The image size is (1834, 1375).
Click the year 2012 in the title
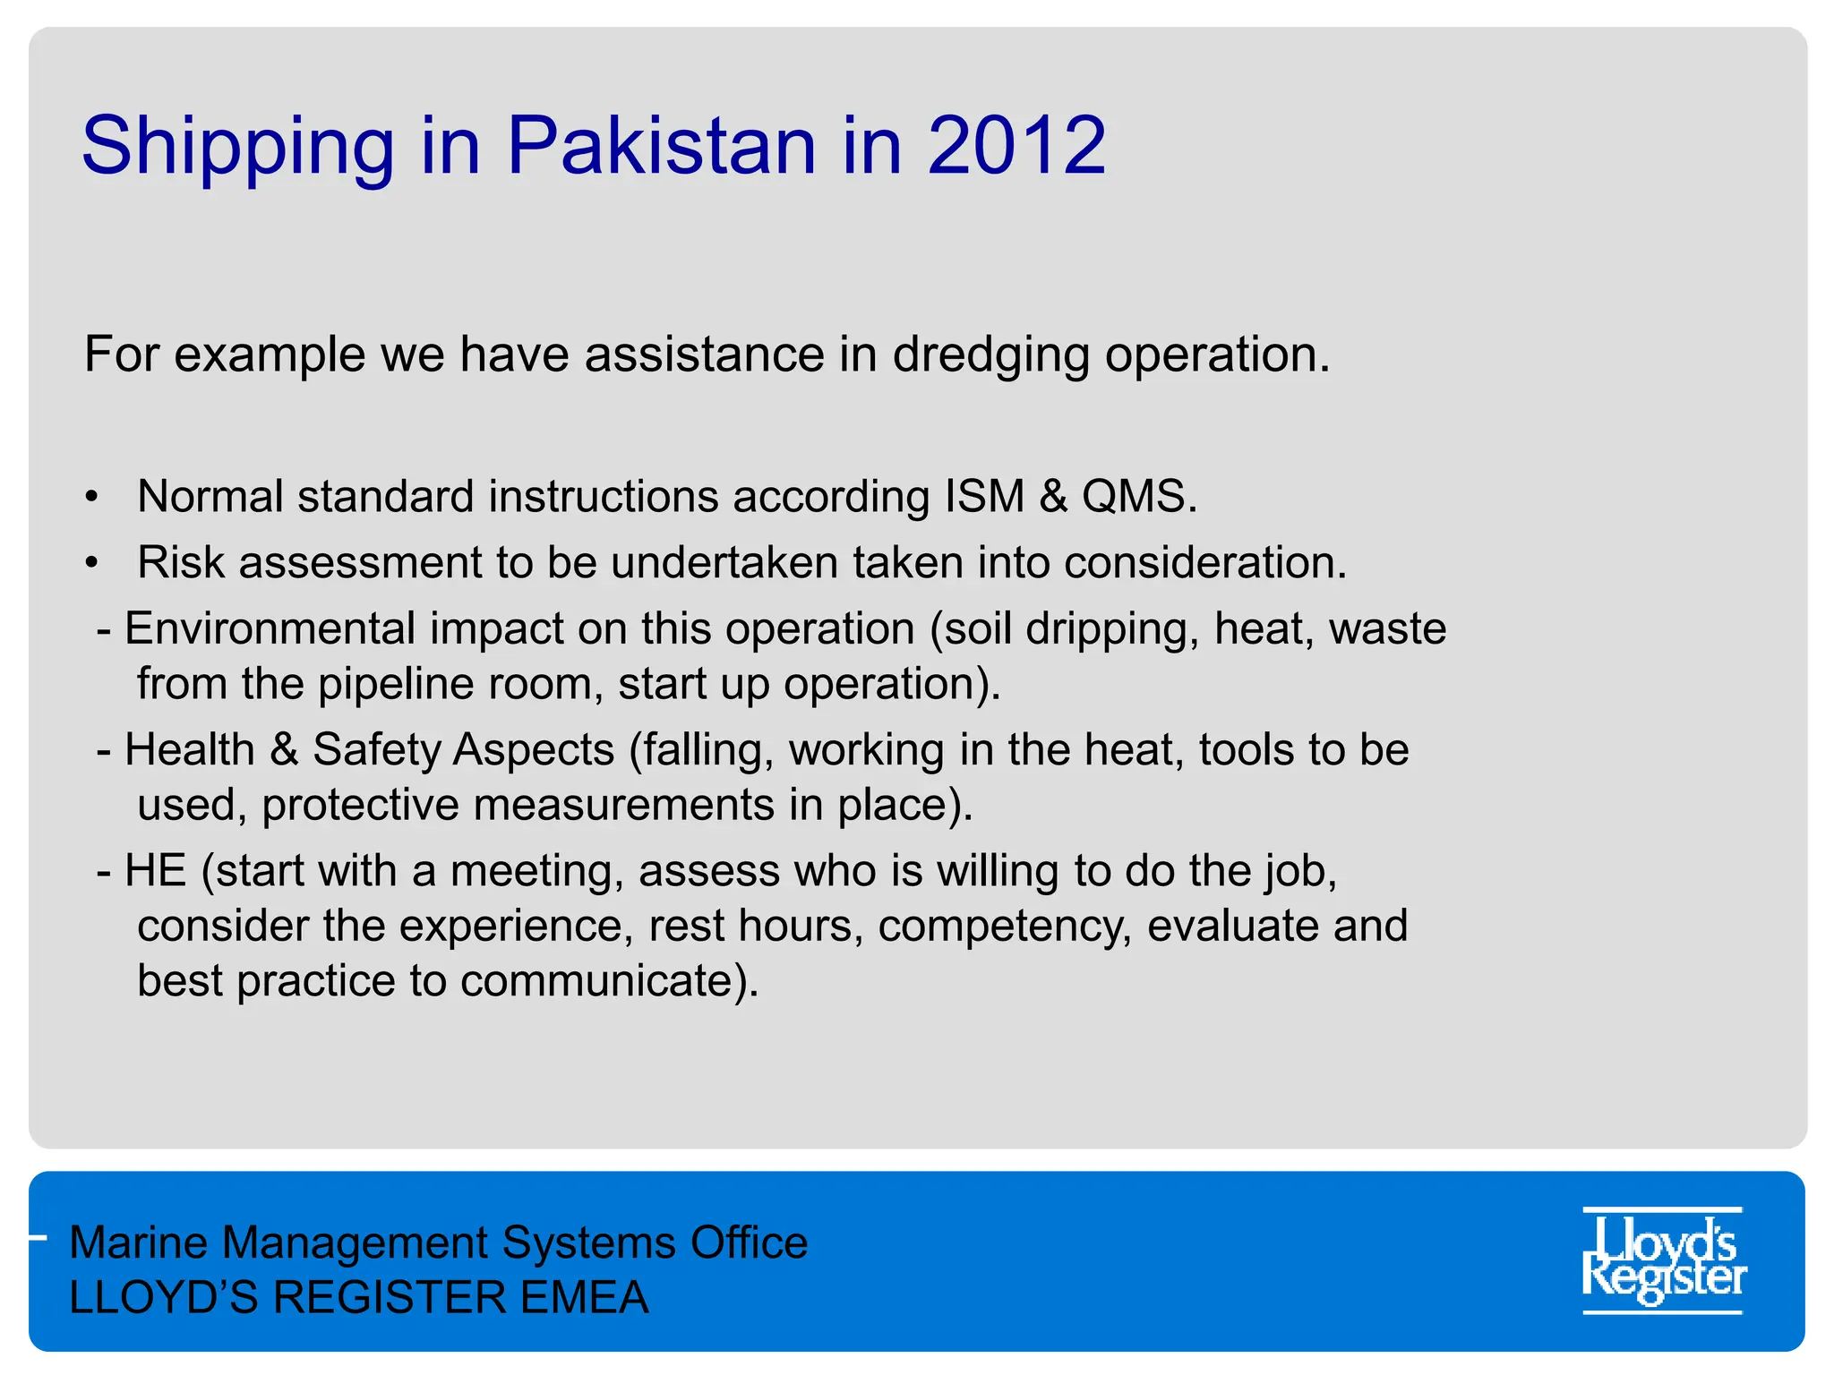pyautogui.click(x=1016, y=146)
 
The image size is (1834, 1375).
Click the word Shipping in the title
pyautogui.click(x=237, y=148)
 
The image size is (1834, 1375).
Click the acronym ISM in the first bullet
pyautogui.click(x=984, y=496)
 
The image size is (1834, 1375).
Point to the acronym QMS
pyautogui.click(x=1137, y=496)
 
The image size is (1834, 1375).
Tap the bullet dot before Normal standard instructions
pyautogui.click(x=91, y=498)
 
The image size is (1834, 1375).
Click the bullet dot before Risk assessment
pyautogui.click(x=91, y=564)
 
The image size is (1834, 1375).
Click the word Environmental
pyautogui.click(x=270, y=628)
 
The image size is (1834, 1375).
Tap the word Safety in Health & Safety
pyautogui.click(x=373, y=750)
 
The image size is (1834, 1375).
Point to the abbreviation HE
pyautogui.click(x=155, y=871)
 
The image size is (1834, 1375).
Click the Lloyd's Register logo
pyautogui.click(x=1663, y=1260)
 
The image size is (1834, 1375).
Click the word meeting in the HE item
pyautogui.click(x=532, y=872)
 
